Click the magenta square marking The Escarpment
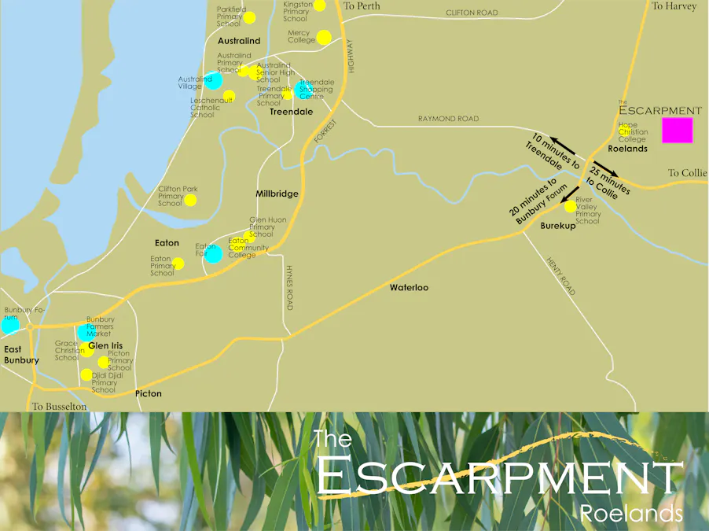pyautogui.click(x=677, y=130)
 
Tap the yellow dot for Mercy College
pyautogui.click(x=324, y=37)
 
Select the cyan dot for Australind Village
pyautogui.click(x=213, y=80)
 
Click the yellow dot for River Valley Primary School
pyautogui.click(x=570, y=206)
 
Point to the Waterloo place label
pyautogui.click(x=409, y=288)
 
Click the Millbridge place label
pyautogui.click(x=277, y=194)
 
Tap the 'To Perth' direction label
pyautogui.click(x=362, y=6)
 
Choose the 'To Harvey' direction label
pyautogui.click(x=674, y=6)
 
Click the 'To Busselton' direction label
pyautogui.click(x=59, y=407)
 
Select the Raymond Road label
pyautogui.click(x=448, y=119)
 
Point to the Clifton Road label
pyautogui.click(x=472, y=13)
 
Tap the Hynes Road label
pyautogui.click(x=289, y=288)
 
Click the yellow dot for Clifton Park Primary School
pyautogui.click(x=190, y=200)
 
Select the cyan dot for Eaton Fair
pyautogui.click(x=213, y=255)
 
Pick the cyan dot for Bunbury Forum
pyautogui.click(x=9, y=324)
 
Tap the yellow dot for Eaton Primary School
pyautogui.click(x=178, y=264)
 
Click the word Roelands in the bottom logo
pyautogui.click(x=631, y=514)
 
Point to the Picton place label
pyautogui.click(x=148, y=393)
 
